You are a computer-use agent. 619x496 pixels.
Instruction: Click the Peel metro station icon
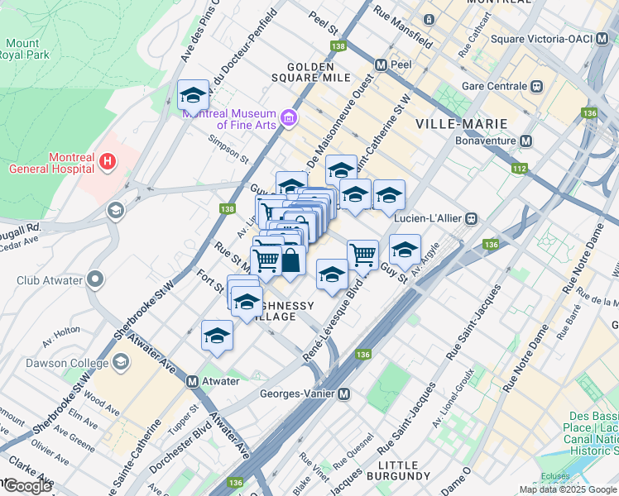coord(381,64)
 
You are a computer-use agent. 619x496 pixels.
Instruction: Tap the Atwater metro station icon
coord(192,382)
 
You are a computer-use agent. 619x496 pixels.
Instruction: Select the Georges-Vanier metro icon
coord(343,394)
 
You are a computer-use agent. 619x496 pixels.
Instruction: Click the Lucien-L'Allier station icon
coord(471,218)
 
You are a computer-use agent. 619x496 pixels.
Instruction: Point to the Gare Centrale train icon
coord(537,86)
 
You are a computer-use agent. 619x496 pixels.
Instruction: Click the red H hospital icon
coord(106,163)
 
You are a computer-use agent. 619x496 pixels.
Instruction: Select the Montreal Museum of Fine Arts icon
coord(288,118)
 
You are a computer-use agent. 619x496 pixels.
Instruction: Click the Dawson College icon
coord(121,362)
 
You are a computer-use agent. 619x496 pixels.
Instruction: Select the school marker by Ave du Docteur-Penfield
coord(193,95)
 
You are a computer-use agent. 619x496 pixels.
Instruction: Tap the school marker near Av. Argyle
coord(405,250)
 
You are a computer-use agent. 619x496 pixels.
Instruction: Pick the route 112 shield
coord(519,169)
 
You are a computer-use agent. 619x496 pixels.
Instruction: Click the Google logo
coord(27,486)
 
